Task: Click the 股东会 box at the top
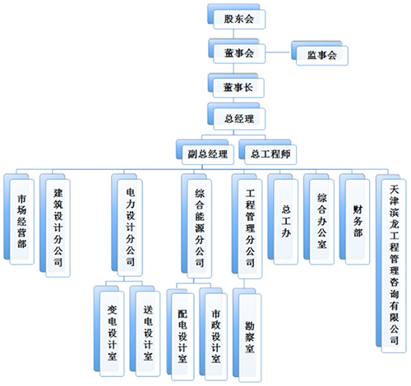pos(237,16)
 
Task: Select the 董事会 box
pos(237,51)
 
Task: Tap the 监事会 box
pos(320,53)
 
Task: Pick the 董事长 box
pos(236,85)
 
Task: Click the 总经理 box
pos(237,117)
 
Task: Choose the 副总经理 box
pos(205,152)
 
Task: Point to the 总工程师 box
pos(267,152)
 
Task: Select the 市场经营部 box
pos(19,219)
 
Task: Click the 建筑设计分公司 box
pos(55,225)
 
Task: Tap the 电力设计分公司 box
pos(127,225)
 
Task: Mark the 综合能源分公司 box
pos(196,226)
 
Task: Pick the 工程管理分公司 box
pos(247,226)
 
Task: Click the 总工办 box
pos(283,219)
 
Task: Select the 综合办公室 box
pos(319,219)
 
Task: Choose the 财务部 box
pos(354,219)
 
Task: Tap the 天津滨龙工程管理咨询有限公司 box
pos(391,263)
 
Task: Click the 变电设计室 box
pos(109,331)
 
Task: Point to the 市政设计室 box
pos(214,334)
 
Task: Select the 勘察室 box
pos(247,335)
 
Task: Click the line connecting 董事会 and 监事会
pos(279,52)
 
